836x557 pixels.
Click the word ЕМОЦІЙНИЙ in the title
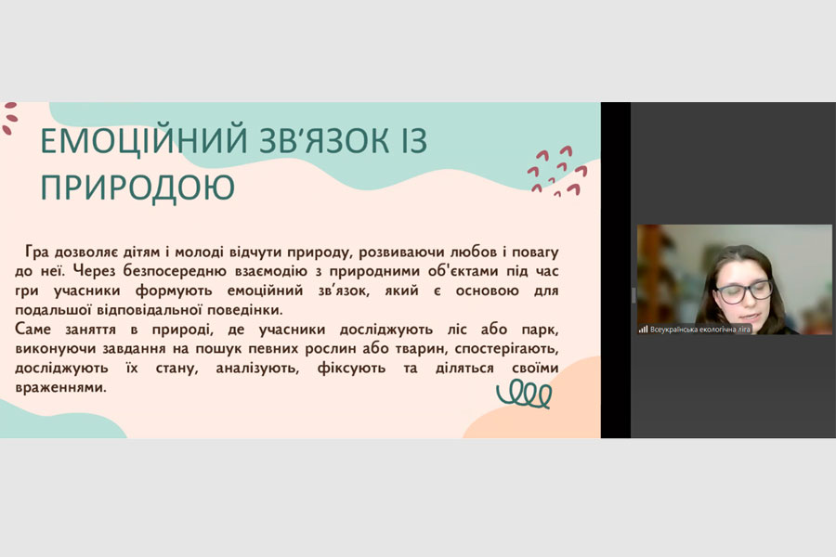click(x=145, y=140)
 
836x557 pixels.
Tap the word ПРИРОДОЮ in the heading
click(x=137, y=188)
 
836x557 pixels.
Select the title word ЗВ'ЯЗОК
click(x=325, y=140)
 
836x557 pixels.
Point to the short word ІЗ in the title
click(x=415, y=140)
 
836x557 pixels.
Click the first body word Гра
click(x=37, y=252)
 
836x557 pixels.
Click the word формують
click(x=174, y=291)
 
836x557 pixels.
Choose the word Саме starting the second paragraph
click(x=33, y=329)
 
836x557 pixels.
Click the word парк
click(x=540, y=330)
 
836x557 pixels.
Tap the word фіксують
click(x=351, y=369)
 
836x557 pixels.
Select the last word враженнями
click(x=60, y=387)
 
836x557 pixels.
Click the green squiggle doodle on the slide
click(x=524, y=394)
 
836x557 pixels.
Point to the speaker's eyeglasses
click(x=744, y=291)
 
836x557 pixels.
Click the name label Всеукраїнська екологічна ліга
click(x=700, y=330)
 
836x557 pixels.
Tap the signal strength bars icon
click(x=643, y=330)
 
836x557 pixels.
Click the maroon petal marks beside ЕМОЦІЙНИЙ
click(x=9, y=118)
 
